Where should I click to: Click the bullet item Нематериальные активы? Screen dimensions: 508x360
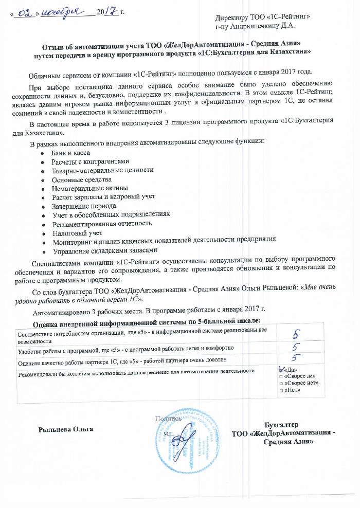tap(89, 188)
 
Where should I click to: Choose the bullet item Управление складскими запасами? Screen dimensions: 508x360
tap(103, 250)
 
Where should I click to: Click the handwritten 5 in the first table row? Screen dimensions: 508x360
tap(296, 334)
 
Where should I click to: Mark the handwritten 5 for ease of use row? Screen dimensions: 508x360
tap(296, 348)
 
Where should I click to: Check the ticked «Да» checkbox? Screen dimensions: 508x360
tap(280, 369)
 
